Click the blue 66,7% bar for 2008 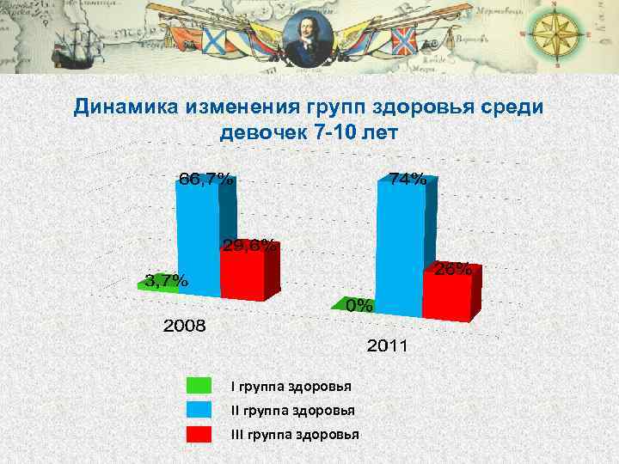(198, 241)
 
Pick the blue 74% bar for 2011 (400, 249)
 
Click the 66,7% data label (205, 180)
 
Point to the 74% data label (408, 180)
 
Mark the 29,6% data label (249, 246)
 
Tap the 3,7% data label (165, 280)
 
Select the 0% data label (359, 305)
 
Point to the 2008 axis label (185, 327)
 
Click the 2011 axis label (389, 347)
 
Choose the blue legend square (199, 410)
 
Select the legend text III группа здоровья (295, 434)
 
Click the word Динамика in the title (126, 107)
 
